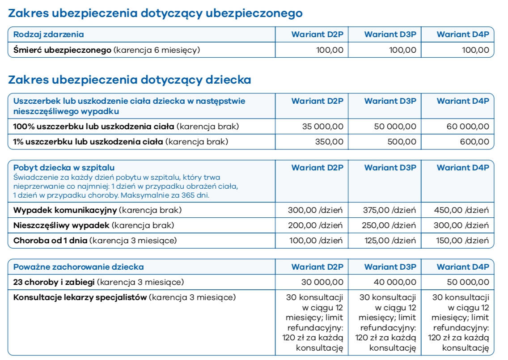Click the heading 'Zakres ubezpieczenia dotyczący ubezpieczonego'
pyautogui.click(x=155, y=14)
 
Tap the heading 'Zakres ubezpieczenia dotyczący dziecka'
pyautogui.click(x=130, y=80)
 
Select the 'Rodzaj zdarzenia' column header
pyautogui.click(x=49, y=34)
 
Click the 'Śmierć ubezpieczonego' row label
pyautogui.click(x=62, y=50)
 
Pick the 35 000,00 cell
pyautogui.click(x=322, y=127)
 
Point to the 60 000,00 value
pyautogui.click(x=468, y=127)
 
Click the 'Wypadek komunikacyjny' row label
pyautogui.click(x=65, y=210)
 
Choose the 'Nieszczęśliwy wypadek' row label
pyautogui.click(x=61, y=225)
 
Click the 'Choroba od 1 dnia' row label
pyautogui.click(x=51, y=241)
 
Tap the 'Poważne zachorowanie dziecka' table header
pyautogui.click(x=79, y=267)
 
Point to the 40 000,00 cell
pyautogui.click(x=395, y=282)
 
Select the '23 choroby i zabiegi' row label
pyautogui.click(x=54, y=282)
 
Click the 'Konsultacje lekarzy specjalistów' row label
pyautogui.click(x=80, y=297)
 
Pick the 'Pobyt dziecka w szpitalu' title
pyautogui.click(x=64, y=168)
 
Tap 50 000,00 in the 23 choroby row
pyautogui.click(x=468, y=282)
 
